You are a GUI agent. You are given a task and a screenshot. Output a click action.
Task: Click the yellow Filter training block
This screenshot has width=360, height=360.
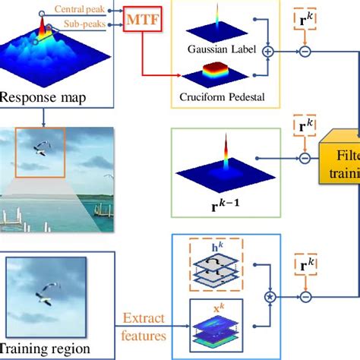[x=342, y=159]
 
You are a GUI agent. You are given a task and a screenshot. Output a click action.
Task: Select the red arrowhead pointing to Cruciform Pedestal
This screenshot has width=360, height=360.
[x=180, y=77]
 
